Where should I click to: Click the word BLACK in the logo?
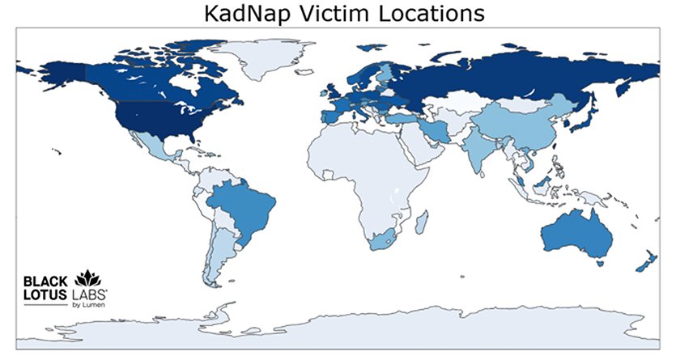pos(45,281)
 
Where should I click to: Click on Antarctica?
pos(340,332)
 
